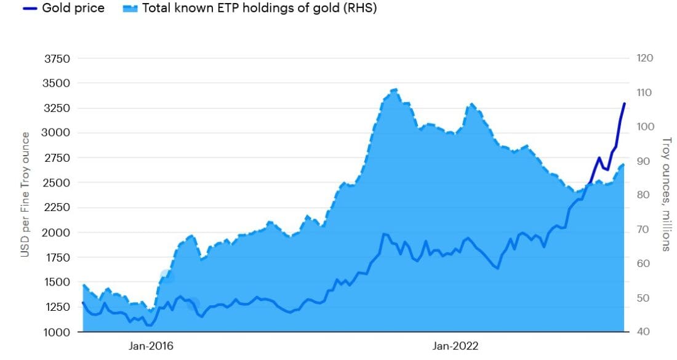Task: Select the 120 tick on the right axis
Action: [x=644, y=58]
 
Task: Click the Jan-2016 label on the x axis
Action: [x=151, y=346]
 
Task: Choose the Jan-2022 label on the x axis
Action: [x=456, y=346]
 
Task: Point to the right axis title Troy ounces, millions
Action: [x=665, y=194]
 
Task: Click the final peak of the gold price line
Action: [x=625, y=103]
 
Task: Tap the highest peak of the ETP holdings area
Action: [x=395, y=90]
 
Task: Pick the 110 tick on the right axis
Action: [x=644, y=93]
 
